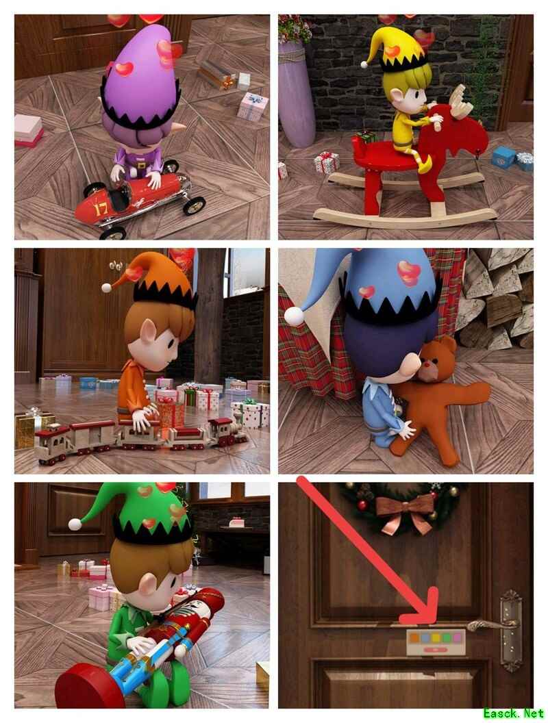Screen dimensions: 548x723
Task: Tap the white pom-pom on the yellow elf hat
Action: point(364,64)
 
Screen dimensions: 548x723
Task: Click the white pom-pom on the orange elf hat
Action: point(107,288)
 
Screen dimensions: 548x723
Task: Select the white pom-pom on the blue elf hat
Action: point(295,316)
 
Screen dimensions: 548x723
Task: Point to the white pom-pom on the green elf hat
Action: point(75,524)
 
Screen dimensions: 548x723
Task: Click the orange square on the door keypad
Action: point(414,637)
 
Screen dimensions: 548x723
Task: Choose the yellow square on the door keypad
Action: point(436,637)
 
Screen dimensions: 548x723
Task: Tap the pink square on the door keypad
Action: point(456,637)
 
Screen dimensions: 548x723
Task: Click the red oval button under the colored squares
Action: point(436,650)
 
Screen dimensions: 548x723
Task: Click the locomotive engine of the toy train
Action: point(227,431)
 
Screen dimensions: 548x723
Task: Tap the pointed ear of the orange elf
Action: point(148,331)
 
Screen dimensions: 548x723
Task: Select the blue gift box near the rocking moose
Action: point(503,157)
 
